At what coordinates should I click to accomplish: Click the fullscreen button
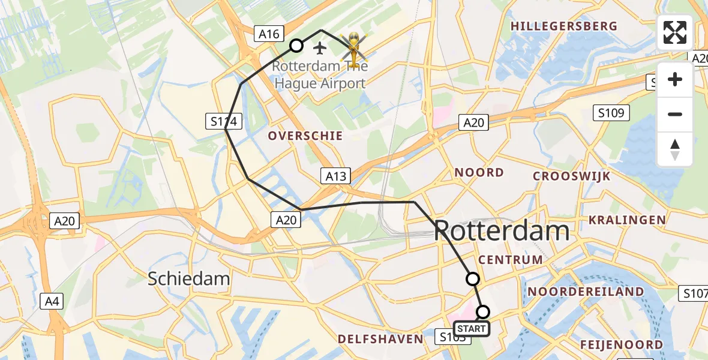pyautogui.click(x=675, y=32)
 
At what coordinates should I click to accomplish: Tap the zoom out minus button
pyautogui.click(x=675, y=114)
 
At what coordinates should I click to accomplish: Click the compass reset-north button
pyautogui.click(x=675, y=149)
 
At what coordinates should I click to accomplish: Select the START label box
pyautogui.click(x=471, y=329)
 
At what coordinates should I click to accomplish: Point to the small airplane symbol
pyautogui.click(x=320, y=47)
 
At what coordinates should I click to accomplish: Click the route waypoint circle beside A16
pyautogui.click(x=296, y=46)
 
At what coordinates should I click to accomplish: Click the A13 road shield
pyautogui.click(x=336, y=176)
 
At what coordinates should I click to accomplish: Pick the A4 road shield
pyautogui.click(x=52, y=301)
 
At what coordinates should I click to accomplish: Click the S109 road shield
pyautogui.click(x=611, y=112)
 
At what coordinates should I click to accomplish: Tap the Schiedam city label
pyautogui.click(x=189, y=278)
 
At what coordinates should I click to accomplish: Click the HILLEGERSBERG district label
pyautogui.click(x=563, y=26)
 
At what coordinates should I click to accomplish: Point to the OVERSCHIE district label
pyautogui.click(x=305, y=136)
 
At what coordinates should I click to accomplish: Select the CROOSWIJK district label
pyautogui.click(x=572, y=176)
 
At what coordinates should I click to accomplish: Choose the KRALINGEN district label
pyautogui.click(x=628, y=220)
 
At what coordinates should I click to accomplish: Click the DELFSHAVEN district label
pyautogui.click(x=380, y=339)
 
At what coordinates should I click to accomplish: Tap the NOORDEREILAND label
pyautogui.click(x=586, y=292)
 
